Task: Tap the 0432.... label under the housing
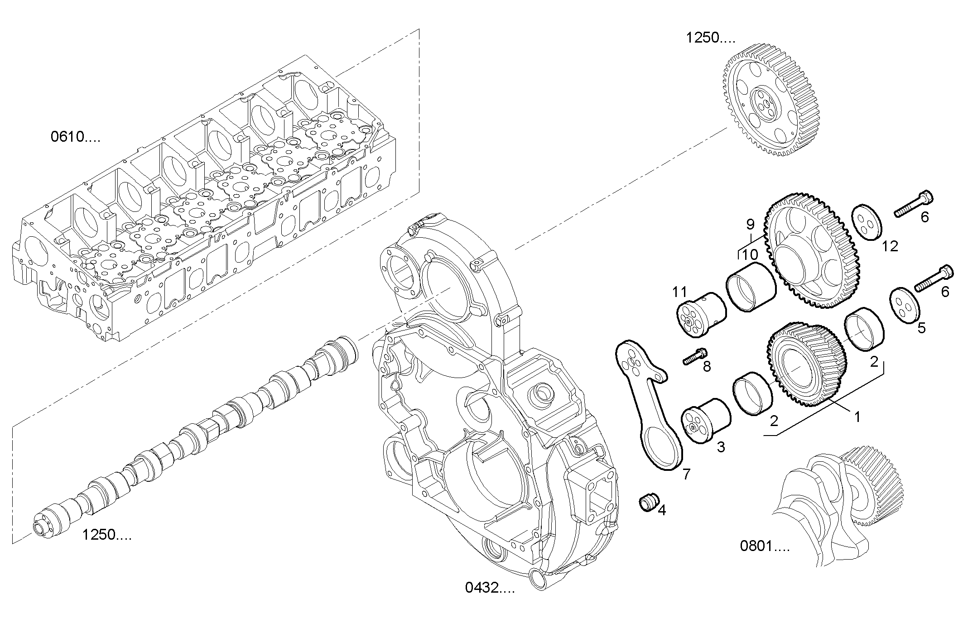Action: [x=490, y=588]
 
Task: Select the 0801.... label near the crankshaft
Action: [x=765, y=546]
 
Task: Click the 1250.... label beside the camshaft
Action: [x=107, y=535]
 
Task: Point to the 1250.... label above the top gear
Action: [x=711, y=38]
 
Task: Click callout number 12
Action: [x=890, y=246]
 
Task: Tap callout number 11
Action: [x=679, y=292]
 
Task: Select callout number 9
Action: [x=750, y=224]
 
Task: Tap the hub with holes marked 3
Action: [x=706, y=421]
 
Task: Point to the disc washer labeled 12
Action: [x=866, y=222]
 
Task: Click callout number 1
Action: [x=856, y=416]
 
